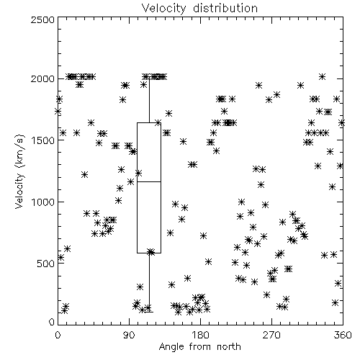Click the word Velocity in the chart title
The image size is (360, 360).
click(x=163, y=9)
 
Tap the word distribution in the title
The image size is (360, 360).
click(x=225, y=8)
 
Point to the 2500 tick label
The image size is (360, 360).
click(x=42, y=19)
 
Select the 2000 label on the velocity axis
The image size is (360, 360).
click(x=42, y=78)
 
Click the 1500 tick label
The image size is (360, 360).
click(x=43, y=140)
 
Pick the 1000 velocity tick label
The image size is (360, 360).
click(x=43, y=202)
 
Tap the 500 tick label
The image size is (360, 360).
click(x=46, y=264)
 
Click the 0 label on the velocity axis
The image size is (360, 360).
click(x=52, y=322)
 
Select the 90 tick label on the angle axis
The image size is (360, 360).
click(x=129, y=335)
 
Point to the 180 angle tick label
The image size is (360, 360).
click(x=200, y=335)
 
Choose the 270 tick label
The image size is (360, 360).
click(x=271, y=335)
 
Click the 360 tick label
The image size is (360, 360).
click(x=343, y=335)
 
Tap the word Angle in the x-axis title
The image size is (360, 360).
click(x=171, y=347)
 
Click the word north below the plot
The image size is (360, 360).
click(x=229, y=346)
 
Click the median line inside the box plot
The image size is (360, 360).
click(x=149, y=181)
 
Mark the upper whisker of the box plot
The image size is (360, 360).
click(x=149, y=101)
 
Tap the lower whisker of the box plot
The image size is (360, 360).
click(x=149, y=282)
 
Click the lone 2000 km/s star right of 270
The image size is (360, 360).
click(x=322, y=77)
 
